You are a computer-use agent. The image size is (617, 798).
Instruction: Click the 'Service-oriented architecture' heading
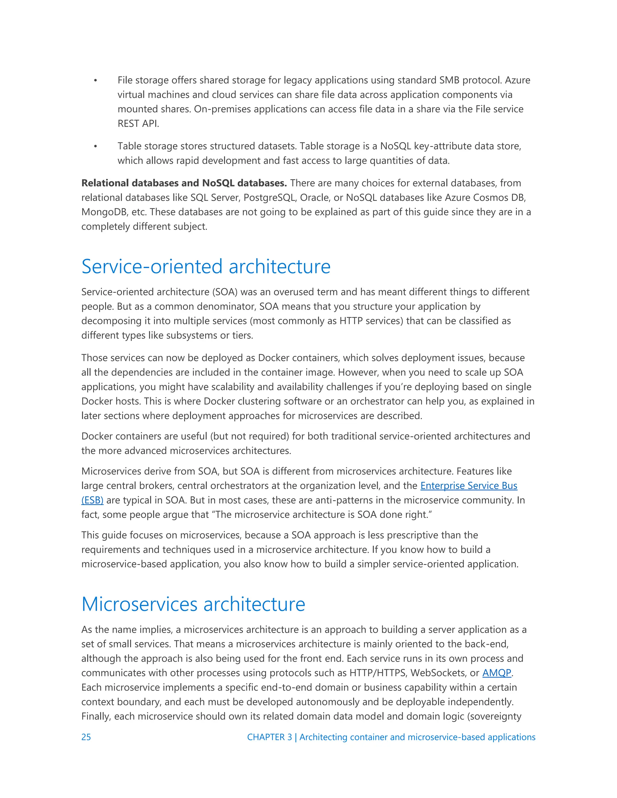pos(206,267)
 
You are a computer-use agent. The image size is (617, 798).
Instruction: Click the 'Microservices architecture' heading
pos(193,604)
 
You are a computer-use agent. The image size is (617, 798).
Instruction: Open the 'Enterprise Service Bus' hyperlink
pos(468,486)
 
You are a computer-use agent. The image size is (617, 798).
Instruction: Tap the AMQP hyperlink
pos(496,673)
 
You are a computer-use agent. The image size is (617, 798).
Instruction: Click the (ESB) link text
pos(92,500)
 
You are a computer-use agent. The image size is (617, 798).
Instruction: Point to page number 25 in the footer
pos(86,737)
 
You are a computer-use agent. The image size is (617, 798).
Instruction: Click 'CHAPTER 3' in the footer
pos(269,737)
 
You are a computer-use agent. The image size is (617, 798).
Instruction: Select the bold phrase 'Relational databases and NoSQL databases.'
pos(184,183)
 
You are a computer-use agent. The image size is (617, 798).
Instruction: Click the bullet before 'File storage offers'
pos(96,80)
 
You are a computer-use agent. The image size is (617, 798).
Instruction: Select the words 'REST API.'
pos(138,123)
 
